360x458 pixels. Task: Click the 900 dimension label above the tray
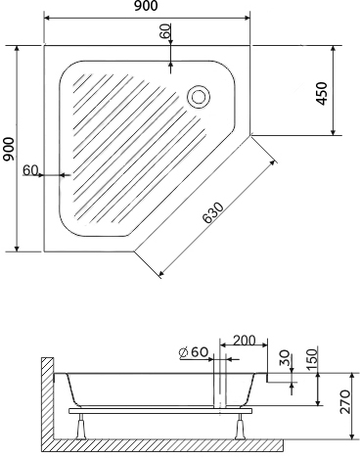coord(147,10)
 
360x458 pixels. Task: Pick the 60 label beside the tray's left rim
coord(29,170)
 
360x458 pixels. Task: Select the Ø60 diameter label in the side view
coord(194,352)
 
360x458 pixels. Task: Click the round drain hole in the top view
coord(199,96)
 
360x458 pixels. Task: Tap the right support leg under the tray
coord(240,424)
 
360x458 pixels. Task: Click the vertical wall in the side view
coord(45,401)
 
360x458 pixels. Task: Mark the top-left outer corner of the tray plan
coord(44,44)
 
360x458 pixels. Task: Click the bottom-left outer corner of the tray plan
coord(44,252)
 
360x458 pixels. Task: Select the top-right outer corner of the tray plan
coord(250,44)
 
